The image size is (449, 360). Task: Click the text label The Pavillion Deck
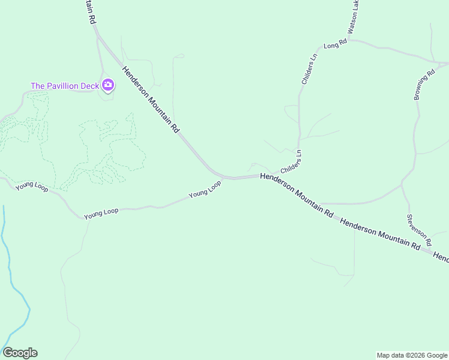[65, 86]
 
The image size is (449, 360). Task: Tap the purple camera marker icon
[108, 85]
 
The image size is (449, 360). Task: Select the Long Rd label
[336, 44]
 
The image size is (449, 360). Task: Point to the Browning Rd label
[424, 86]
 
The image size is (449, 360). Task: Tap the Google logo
[20, 353]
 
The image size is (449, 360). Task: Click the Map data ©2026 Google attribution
[412, 355]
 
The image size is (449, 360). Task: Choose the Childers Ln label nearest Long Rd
[309, 70]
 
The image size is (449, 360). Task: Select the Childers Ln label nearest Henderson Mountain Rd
[291, 163]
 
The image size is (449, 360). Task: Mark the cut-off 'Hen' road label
[441, 257]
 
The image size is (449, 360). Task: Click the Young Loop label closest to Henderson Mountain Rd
[205, 190]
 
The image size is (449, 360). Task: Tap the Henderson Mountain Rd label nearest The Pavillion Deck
[151, 100]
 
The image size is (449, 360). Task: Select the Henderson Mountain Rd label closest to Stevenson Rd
[379, 234]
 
